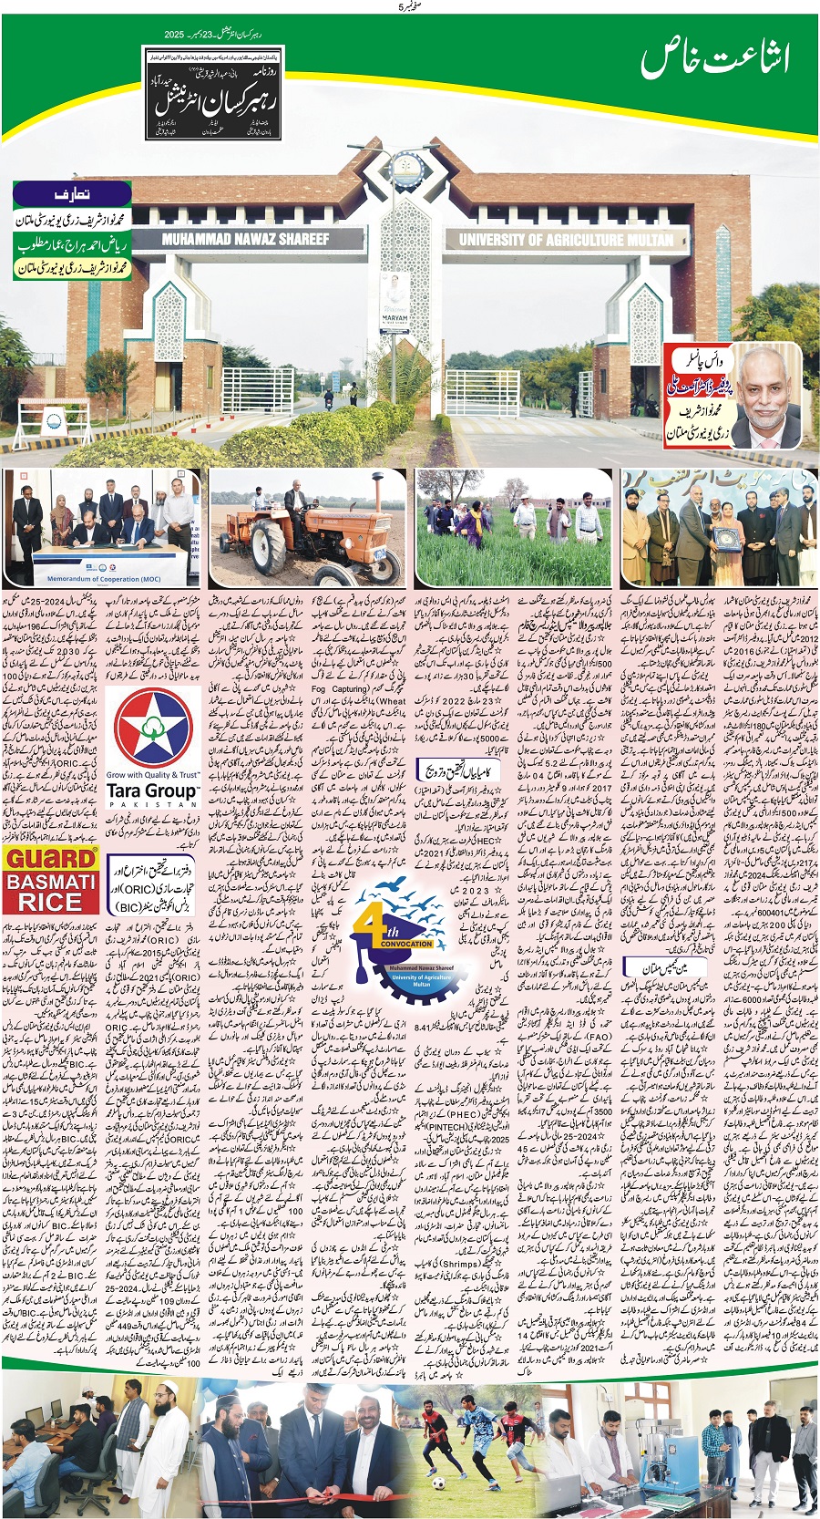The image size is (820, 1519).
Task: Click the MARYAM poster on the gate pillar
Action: coord(394,302)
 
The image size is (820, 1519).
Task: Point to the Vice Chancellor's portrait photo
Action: coord(767,396)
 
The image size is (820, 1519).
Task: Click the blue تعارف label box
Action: coord(72,195)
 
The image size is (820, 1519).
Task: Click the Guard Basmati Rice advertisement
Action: coord(51,880)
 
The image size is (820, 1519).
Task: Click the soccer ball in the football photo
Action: coord(438,1483)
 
